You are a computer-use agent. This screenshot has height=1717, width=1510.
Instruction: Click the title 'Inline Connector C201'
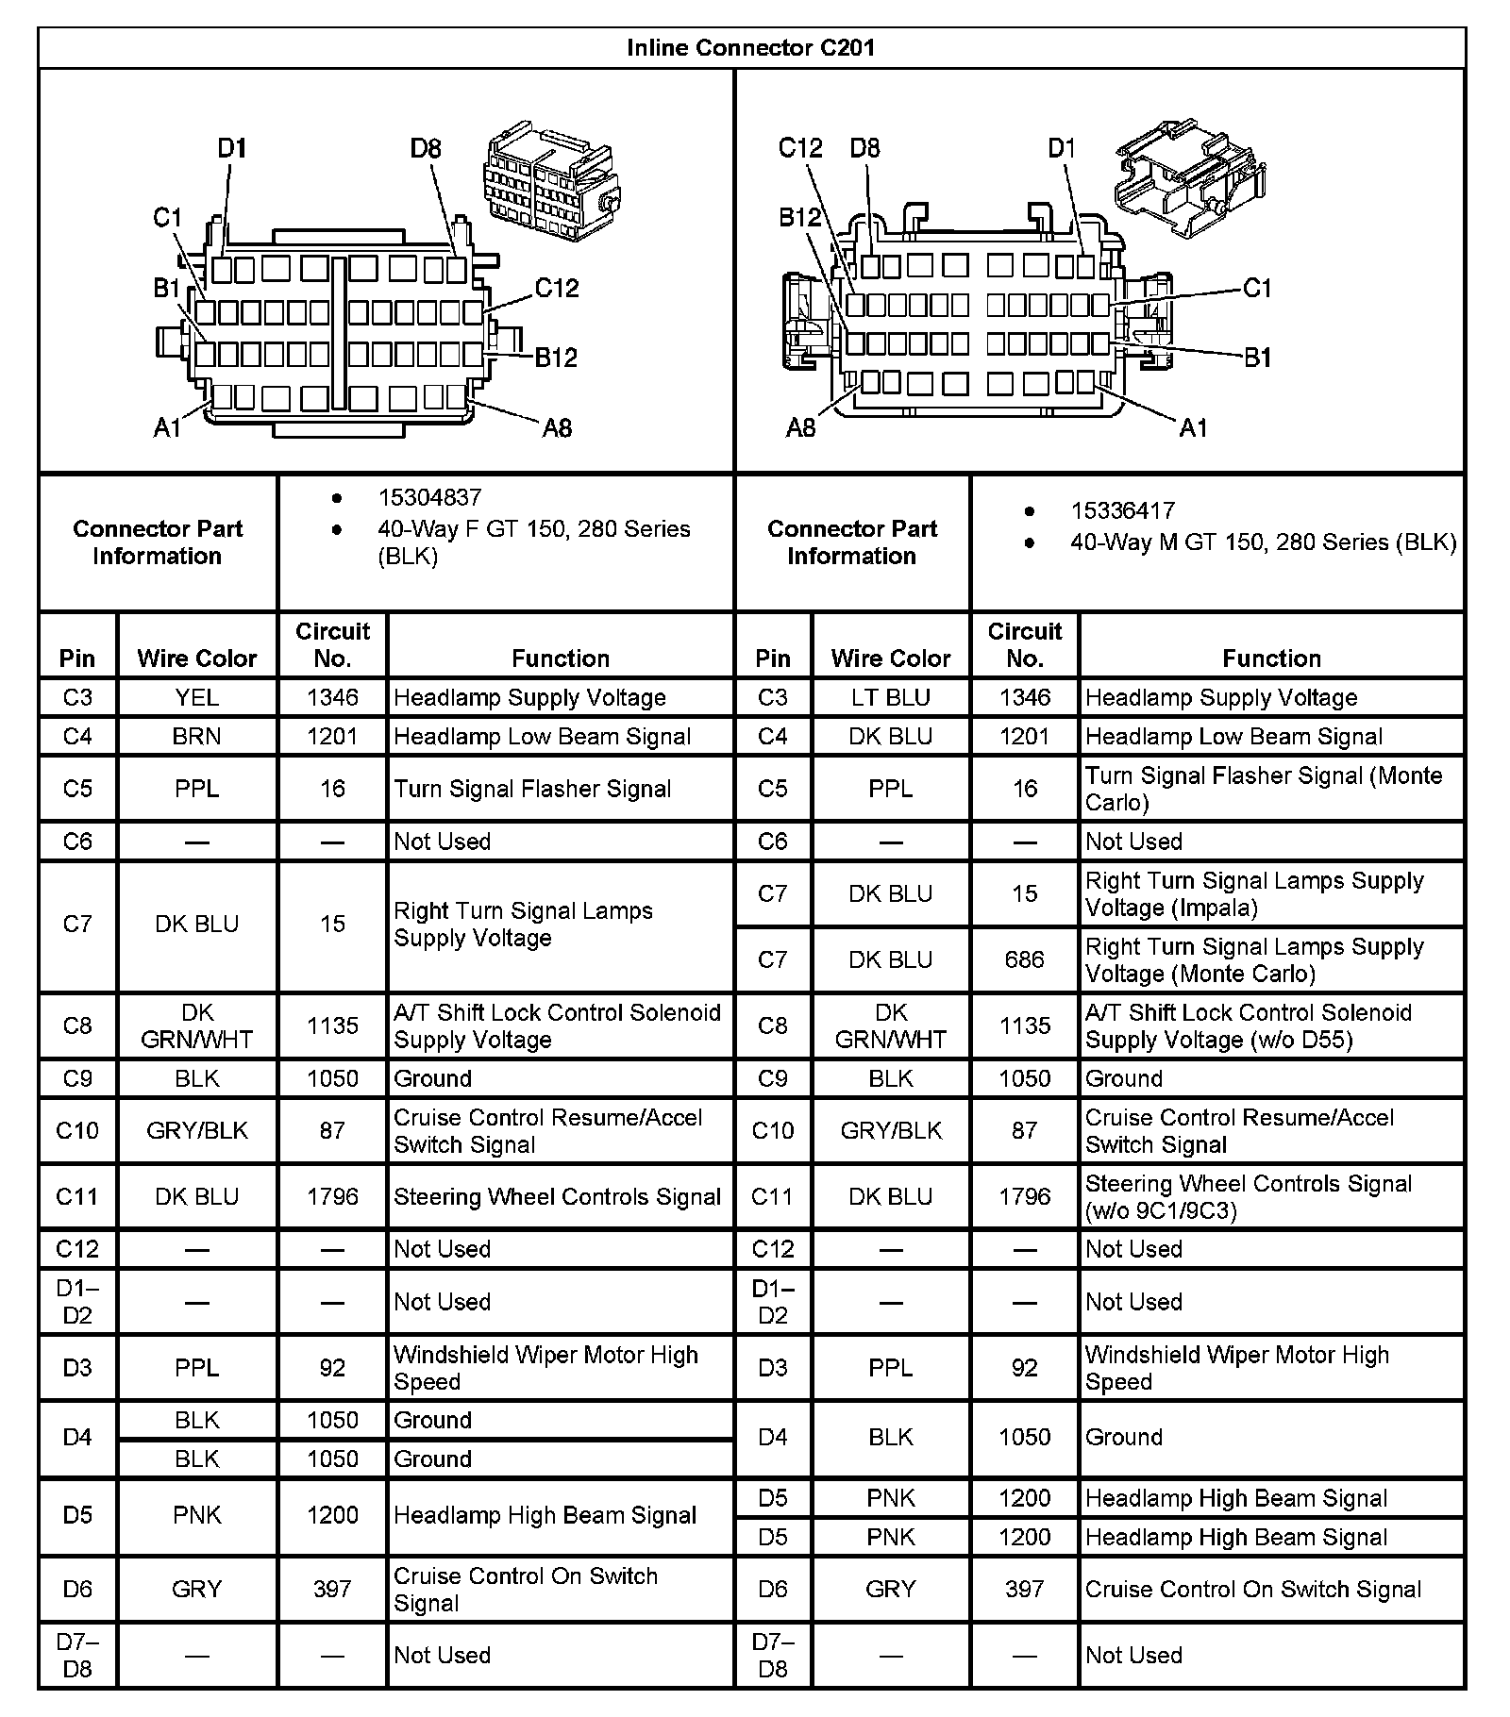click(x=750, y=48)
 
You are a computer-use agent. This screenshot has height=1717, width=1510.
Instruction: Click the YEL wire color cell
click(x=196, y=697)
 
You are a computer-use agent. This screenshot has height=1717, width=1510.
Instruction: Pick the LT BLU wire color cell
click(x=890, y=697)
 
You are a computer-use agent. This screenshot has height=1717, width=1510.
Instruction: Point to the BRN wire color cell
click(x=196, y=736)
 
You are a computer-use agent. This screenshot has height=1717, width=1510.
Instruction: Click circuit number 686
click(x=1024, y=959)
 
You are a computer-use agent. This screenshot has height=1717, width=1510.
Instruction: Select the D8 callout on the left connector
click(x=426, y=149)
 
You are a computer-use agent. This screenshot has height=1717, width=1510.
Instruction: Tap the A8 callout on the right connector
click(x=800, y=428)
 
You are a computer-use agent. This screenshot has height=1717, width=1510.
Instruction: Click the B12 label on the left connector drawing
click(x=556, y=358)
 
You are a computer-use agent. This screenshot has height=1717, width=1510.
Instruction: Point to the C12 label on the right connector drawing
click(x=800, y=148)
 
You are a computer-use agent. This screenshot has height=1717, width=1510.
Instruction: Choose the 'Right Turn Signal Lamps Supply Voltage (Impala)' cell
click(x=1253, y=893)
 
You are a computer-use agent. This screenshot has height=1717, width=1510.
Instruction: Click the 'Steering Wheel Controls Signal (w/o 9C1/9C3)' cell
click(x=1248, y=1196)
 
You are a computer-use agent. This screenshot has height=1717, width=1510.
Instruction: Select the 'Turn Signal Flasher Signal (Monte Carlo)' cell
click(x=1263, y=789)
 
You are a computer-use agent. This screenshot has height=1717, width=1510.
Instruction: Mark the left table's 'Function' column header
click(x=561, y=658)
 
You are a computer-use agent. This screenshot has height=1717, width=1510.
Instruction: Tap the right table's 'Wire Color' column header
click(x=890, y=658)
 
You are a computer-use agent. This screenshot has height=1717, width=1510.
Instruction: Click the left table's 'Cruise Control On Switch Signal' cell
click(x=525, y=1589)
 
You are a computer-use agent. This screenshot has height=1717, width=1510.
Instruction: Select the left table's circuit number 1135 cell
click(x=332, y=1025)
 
